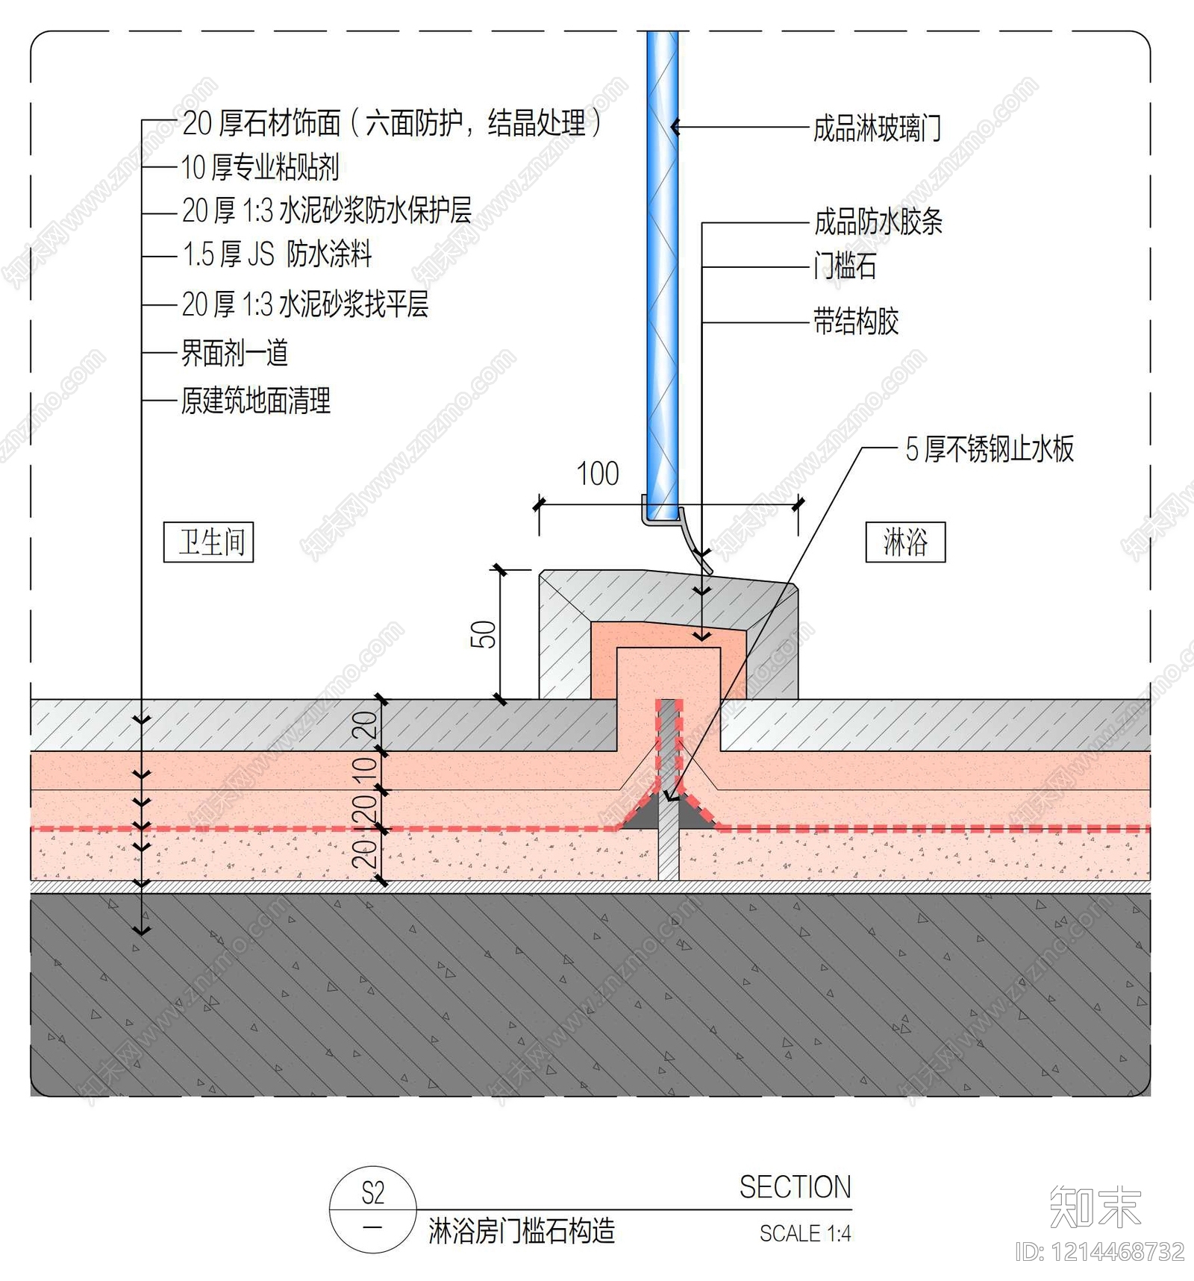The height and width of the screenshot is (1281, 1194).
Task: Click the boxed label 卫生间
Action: (209, 542)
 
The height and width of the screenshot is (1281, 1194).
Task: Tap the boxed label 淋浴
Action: (905, 542)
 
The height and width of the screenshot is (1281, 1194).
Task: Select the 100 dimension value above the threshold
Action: (598, 474)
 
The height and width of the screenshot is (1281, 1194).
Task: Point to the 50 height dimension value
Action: (484, 634)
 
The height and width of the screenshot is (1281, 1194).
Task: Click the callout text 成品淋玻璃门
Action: (877, 128)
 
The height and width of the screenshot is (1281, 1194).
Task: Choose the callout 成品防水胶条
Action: (878, 222)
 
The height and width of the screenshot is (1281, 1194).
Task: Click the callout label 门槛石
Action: (846, 266)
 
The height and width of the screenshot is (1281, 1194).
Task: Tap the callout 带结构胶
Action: (856, 322)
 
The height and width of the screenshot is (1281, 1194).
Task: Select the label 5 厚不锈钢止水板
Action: (990, 449)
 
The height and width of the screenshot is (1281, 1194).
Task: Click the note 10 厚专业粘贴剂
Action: (260, 168)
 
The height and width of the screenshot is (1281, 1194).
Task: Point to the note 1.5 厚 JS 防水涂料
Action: (277, 254)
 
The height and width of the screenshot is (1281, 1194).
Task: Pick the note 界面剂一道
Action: (235, 353)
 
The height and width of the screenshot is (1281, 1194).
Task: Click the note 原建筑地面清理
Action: (256, 401)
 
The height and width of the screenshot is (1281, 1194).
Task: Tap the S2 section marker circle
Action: (373, 1209)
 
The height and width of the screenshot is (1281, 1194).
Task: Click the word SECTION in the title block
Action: (795, 1187)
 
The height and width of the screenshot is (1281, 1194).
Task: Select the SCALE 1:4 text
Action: (805, 1233)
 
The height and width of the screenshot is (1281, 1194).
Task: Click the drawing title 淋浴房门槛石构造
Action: (522, 1231)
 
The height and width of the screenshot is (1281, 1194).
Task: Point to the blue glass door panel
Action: (662, 276)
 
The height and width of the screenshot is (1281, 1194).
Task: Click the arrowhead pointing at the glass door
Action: (675, 128)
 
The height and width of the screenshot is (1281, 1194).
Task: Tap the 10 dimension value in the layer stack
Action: (364, 769)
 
